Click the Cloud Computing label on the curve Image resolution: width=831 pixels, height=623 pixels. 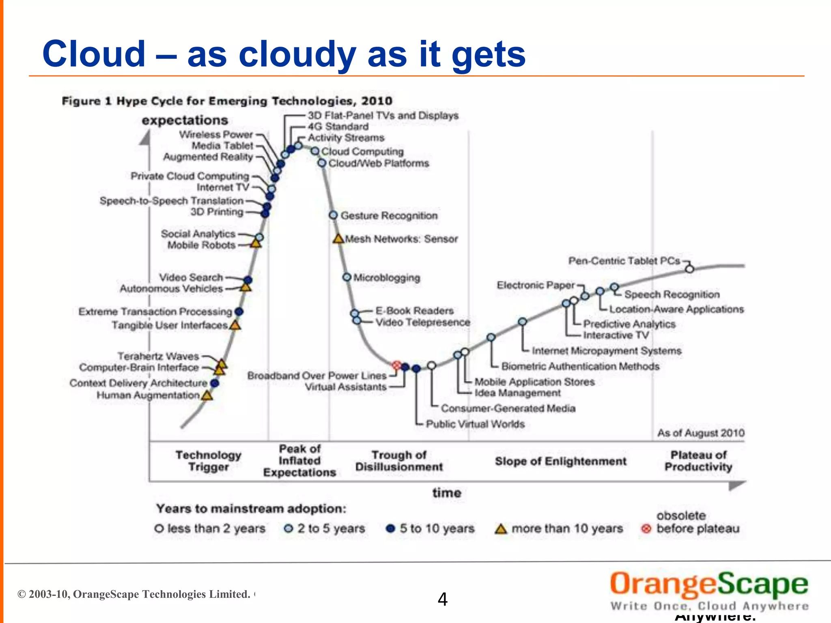(x=362, y=152)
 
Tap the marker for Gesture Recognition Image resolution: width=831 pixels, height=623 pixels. (x=333, y=215)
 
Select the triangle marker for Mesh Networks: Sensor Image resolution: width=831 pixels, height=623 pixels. (x=338, y=238)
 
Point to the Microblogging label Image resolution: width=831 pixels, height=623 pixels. (x=386, y=278)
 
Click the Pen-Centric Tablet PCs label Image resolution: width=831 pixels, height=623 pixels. (x=624, y=261)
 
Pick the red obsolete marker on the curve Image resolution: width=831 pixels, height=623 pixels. (x=397, y=365)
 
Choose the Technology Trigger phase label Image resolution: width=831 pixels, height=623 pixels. (x=208, y=461)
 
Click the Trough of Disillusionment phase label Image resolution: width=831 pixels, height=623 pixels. (x=399, y=461)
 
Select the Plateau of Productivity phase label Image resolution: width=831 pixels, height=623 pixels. (x=698, y=461)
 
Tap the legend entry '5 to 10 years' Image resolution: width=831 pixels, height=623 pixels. (x=437, y=528)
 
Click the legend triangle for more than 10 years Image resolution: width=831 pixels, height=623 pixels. (x=501, y=529)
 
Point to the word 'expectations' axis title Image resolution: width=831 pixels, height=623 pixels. (x=185, y=120)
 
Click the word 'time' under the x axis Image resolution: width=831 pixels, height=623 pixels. (x=446, y=493)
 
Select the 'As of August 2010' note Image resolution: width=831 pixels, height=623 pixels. (x=701, y=433)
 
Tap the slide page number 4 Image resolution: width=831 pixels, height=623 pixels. (x=442, y=599)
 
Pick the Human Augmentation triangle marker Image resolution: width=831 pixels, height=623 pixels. (x=207, y=395)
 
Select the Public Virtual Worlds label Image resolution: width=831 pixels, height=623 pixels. (x=475, y=424)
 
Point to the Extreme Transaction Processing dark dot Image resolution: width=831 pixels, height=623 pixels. (x=239, y=311)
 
